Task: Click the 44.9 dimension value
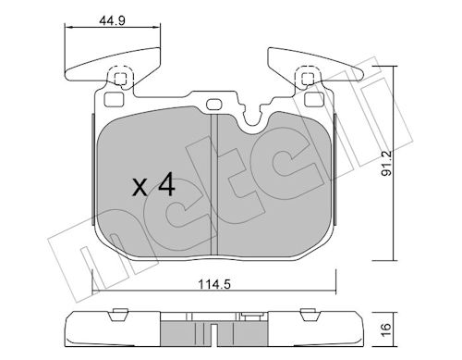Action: pos(112,20)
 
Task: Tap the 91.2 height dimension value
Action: pos(386,163)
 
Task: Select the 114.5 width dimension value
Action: pos(214,284)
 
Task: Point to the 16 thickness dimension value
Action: pos(386,329)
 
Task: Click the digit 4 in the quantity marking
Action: pos(166,184)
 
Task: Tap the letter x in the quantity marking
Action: pos(140,188)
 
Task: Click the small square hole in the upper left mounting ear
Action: pos(120,79)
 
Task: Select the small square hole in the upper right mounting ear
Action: pos(307,79)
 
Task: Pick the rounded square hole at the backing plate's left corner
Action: pos(114,99)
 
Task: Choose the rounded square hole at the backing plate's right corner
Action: pos(314,99)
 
